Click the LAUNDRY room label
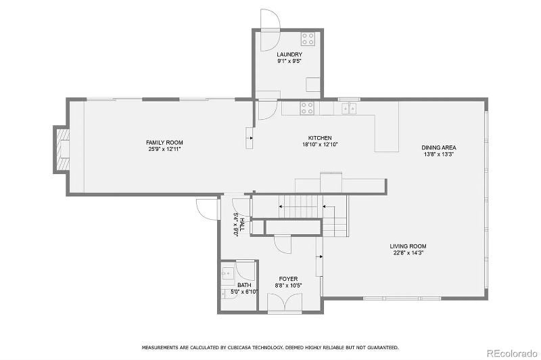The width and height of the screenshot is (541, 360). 289,55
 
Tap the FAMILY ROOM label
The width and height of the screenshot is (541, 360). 164,143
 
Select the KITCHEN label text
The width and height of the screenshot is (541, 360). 320,138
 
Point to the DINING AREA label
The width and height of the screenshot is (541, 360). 438,148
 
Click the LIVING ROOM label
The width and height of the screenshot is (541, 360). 408,246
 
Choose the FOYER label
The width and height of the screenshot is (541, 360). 289,279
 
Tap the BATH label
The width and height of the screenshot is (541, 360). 244,286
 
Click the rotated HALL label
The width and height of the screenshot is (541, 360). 243,225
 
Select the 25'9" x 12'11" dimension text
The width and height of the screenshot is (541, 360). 164,149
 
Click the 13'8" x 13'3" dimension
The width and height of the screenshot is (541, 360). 438,154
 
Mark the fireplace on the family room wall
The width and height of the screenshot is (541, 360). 61,150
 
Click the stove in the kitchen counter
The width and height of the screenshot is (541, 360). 307,108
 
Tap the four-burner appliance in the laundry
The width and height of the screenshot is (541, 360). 308,39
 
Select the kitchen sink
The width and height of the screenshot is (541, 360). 349,108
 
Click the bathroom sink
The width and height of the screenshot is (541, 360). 228,273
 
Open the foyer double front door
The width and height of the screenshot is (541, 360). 285,303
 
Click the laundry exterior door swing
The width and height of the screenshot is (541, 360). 269,30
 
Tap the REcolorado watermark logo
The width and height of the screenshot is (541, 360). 512,353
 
